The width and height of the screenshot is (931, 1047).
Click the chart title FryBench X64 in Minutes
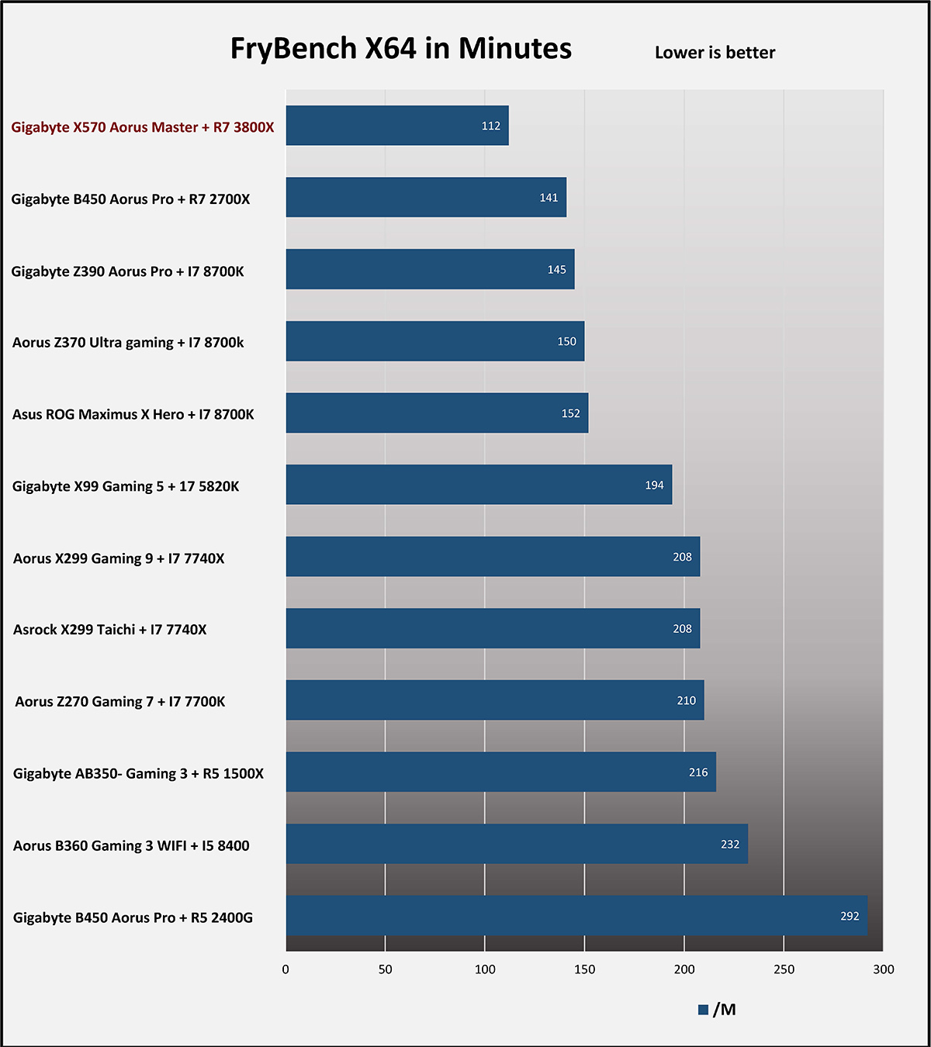pyautogui.click(x=400, y=49)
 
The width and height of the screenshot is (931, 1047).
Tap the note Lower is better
pyautogui.click(x=715, y=53)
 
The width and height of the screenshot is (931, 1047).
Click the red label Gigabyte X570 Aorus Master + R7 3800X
pyautogui.click(x=143, y=127)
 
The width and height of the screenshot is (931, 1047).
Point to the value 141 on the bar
pyautogui.click(x=549, y=198)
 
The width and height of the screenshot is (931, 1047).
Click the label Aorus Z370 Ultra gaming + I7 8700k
pyautogui.click(x=128, y=343)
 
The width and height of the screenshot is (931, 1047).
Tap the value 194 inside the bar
pyautogui.click(x=654, y=485)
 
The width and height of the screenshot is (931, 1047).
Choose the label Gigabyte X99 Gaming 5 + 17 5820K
pyautogui.click(x=126, y=486)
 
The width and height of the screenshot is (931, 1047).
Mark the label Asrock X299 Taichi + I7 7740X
pyautogui.click(x=110, y=630)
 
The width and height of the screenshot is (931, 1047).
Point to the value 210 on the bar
pyautogui.click(x=686, y=700)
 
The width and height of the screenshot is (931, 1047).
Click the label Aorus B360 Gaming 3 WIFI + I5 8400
pyautogui.click(x=131, y=845)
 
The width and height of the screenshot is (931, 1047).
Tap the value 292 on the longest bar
pyautogui.click(x=850, y=916)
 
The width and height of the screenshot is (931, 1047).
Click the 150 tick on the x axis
pyautogui.click(x=584, y=969)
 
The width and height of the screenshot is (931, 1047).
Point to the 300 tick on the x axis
pyautogui.click(x=883, y=969)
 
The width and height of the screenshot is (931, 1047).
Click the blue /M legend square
pyautogui.click(x=703, y=1010)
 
